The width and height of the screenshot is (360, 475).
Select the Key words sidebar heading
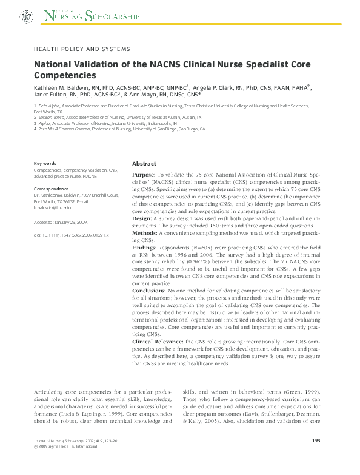(45, 164)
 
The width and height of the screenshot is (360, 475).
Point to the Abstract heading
(144, 164)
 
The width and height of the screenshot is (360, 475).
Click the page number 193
(315, 458)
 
